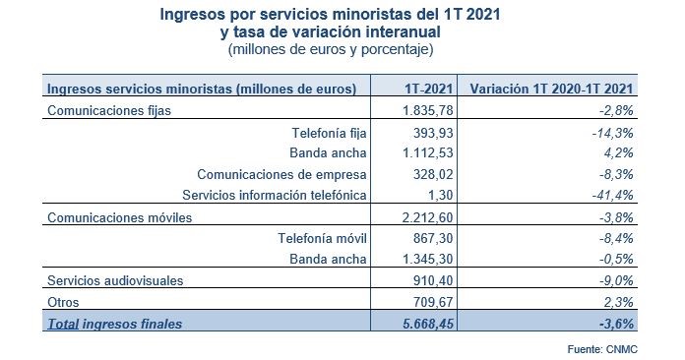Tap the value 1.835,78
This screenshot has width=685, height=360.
(x=431, y=110)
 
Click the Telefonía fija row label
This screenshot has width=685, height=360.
(x=330, y=132)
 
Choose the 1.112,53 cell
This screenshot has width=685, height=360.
(x=431, y=153)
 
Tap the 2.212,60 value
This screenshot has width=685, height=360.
(x=431, y=217)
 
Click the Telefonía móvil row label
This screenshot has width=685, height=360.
(x=325, y=238)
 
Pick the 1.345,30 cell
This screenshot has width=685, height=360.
(x=431, y=259)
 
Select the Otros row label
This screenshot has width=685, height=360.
(x=64, y=301)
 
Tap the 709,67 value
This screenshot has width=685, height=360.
(x=438, y=301)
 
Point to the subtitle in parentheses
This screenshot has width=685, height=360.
(x=330, y=48)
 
